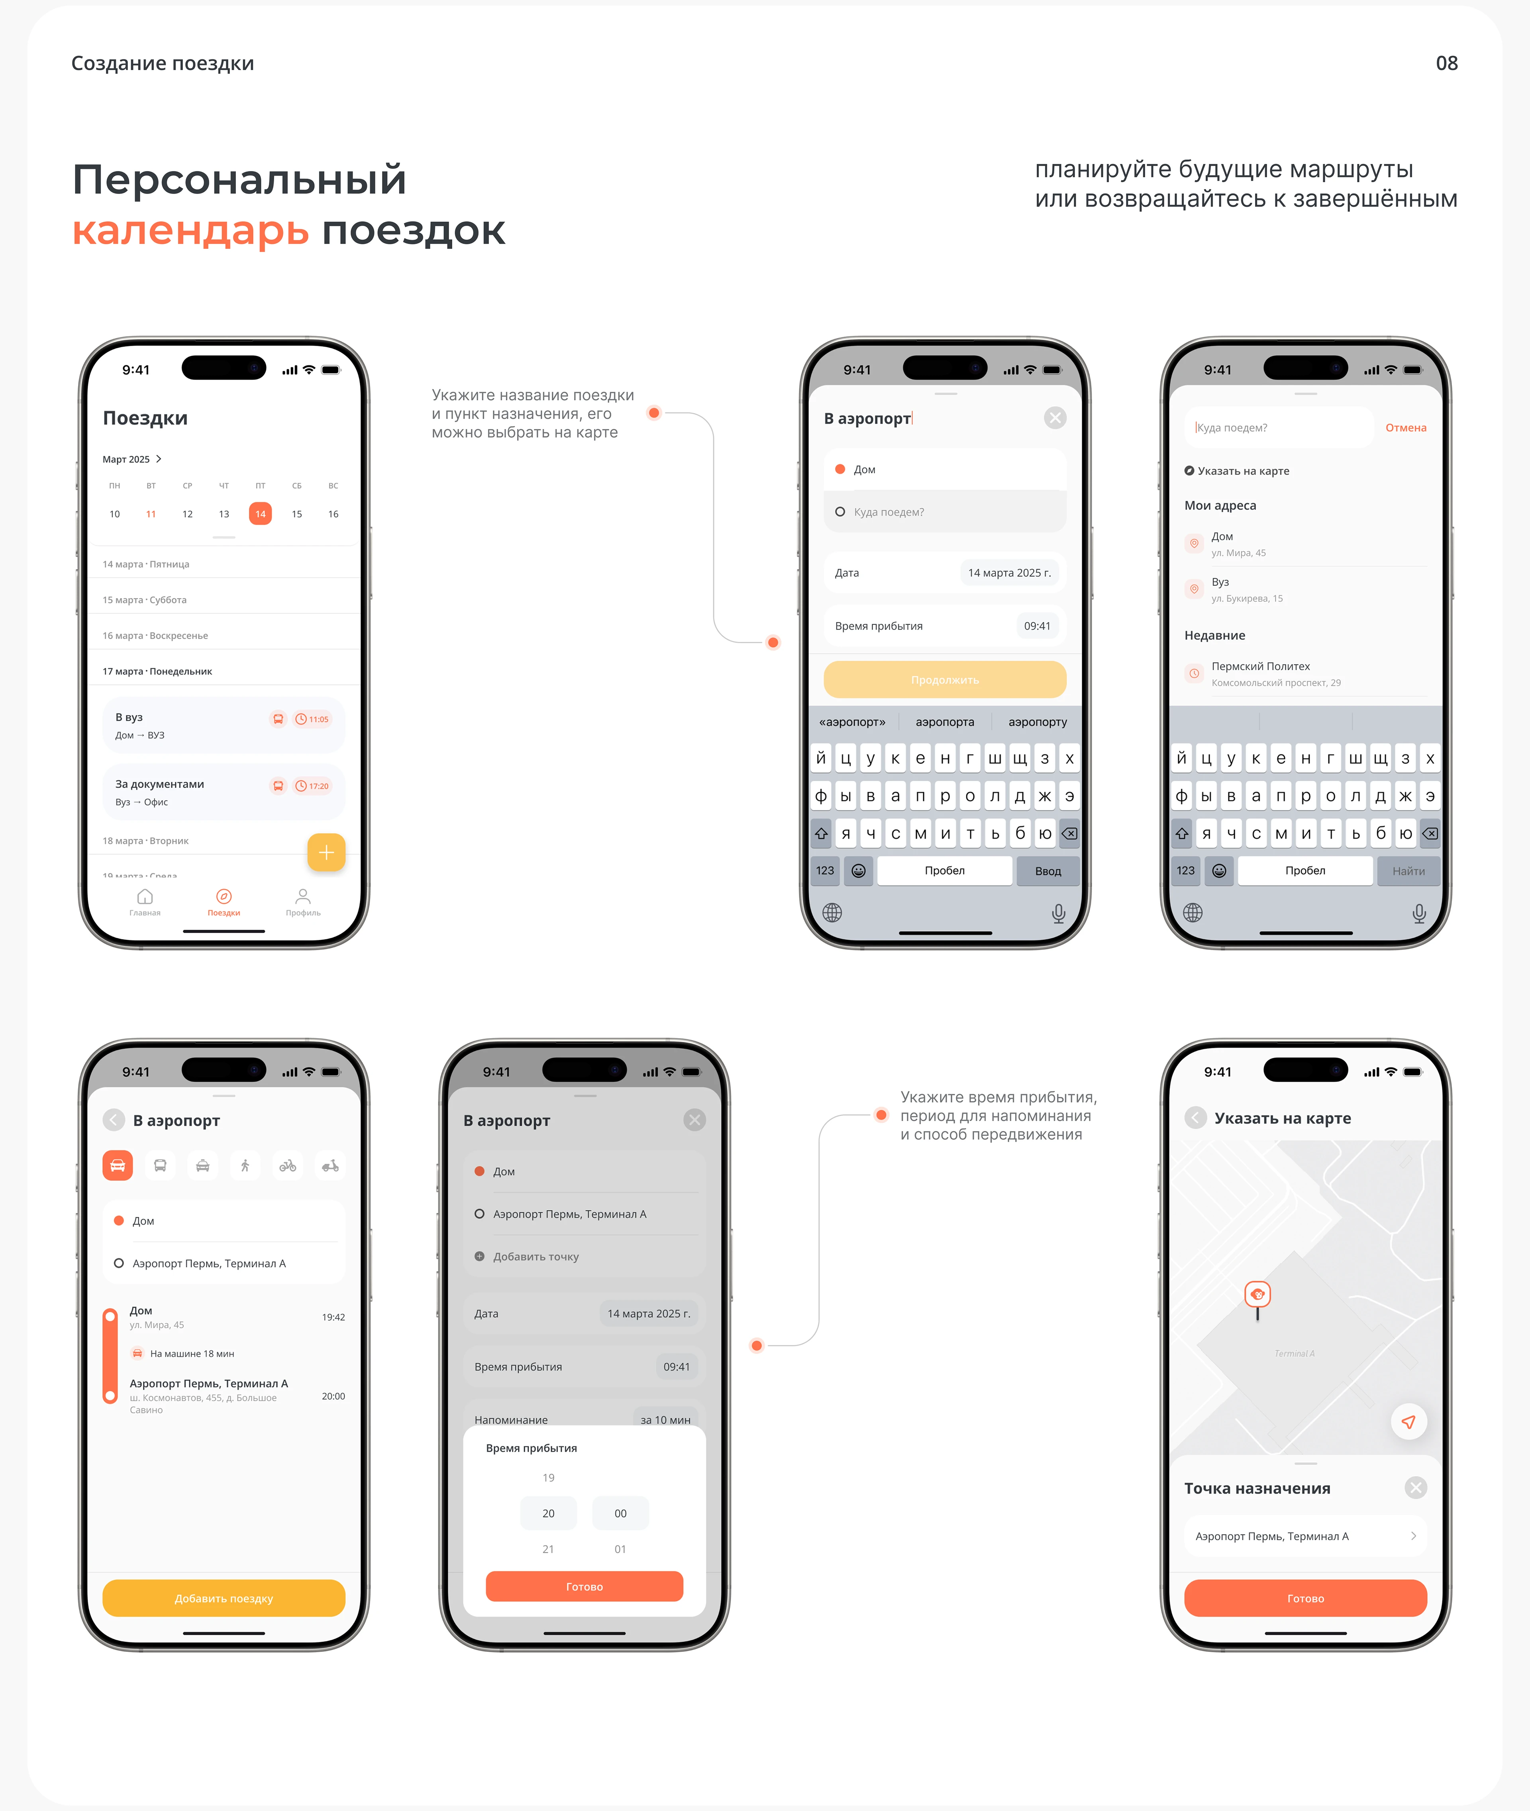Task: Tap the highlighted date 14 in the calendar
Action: pyautogui.click(x=260, y=514)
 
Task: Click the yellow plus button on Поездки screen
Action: pyautogui.click(x=326, y=852)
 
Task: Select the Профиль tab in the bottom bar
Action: pyautogui.click(x=303, y=901)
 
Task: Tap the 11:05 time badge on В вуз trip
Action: pyautogui.click(x=312, y=718)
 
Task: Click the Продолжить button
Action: pyautogui.click(x=945, y=679)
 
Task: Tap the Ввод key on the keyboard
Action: pyautogui.click(x=1047, y=870)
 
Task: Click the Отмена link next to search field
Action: pyautogui.click(x=1405, y=428)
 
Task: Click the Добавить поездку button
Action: pyautogui.click(x=224, y=1598)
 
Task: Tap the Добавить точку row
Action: pyautogui.click(x=535, y=1256)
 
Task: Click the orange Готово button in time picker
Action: pyautogui.click(x=584, y=1586)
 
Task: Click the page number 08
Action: pyautogui.click(x=1446, y=63)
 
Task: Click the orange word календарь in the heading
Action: pyautogui.click(x=191, y=231)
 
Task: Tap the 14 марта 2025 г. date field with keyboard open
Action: pyautogui.click(x=1009, y=573)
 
